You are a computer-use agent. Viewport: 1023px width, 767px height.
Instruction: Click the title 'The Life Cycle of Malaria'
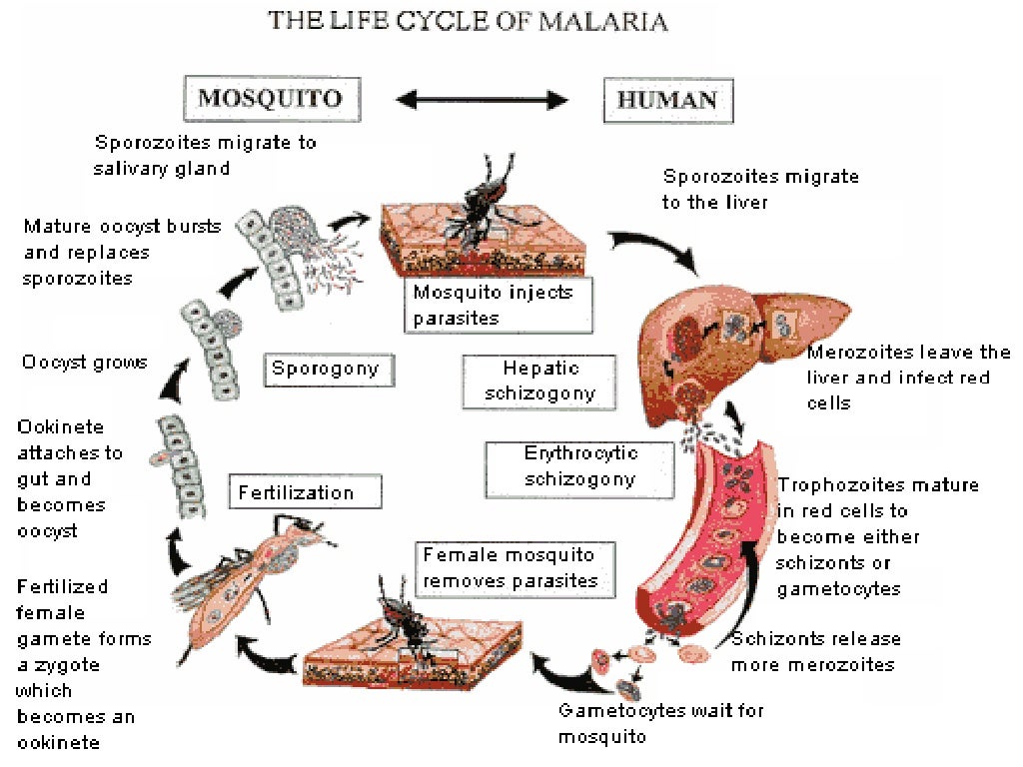point(468,22)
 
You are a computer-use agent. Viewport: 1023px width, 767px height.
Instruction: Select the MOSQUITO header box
point(270,98)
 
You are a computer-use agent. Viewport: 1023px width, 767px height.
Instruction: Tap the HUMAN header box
point(667,99)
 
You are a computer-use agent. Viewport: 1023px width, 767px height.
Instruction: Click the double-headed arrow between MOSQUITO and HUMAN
point(483,99)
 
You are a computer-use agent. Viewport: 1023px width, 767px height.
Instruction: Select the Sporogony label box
point(326,370)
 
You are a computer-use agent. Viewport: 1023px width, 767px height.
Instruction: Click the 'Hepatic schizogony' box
point(540,381)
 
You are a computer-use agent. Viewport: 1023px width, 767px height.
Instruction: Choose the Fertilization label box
point(295,492)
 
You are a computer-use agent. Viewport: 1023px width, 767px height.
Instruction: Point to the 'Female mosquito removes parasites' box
point(511,568)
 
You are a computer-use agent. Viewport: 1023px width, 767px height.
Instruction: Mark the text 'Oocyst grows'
point(84,362)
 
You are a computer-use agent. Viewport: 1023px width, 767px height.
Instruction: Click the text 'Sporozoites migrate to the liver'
point(760,189)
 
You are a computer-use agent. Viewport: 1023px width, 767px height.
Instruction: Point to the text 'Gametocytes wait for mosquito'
point(661,724)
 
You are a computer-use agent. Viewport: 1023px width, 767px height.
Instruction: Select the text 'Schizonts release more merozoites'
point(815,651)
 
